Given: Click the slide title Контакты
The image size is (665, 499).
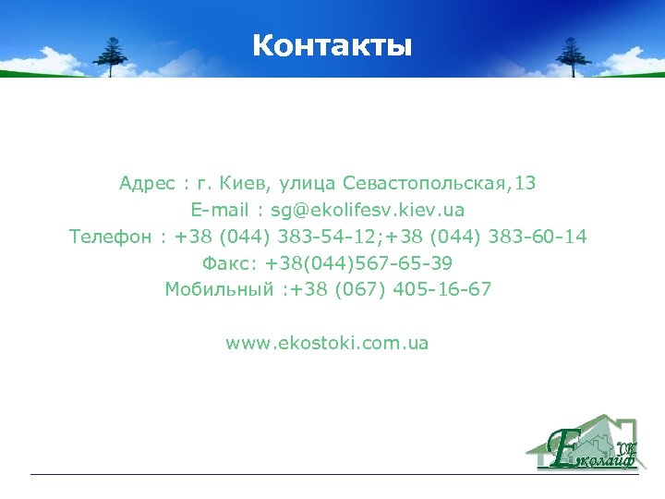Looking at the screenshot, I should (332, 45).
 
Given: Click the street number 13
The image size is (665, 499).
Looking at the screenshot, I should (526, 184).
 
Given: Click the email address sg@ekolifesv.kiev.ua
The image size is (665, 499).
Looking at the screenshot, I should (367, 211).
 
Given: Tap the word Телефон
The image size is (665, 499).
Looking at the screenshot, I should (110, 237).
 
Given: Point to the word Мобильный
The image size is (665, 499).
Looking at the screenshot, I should (219, 290).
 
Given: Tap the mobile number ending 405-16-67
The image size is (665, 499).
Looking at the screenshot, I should (391, 290).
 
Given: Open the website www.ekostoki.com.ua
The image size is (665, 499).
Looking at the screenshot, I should (327, 344).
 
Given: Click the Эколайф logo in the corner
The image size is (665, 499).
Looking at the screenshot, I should (583, 443).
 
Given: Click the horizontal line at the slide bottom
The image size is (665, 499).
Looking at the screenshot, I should (332, 475).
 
